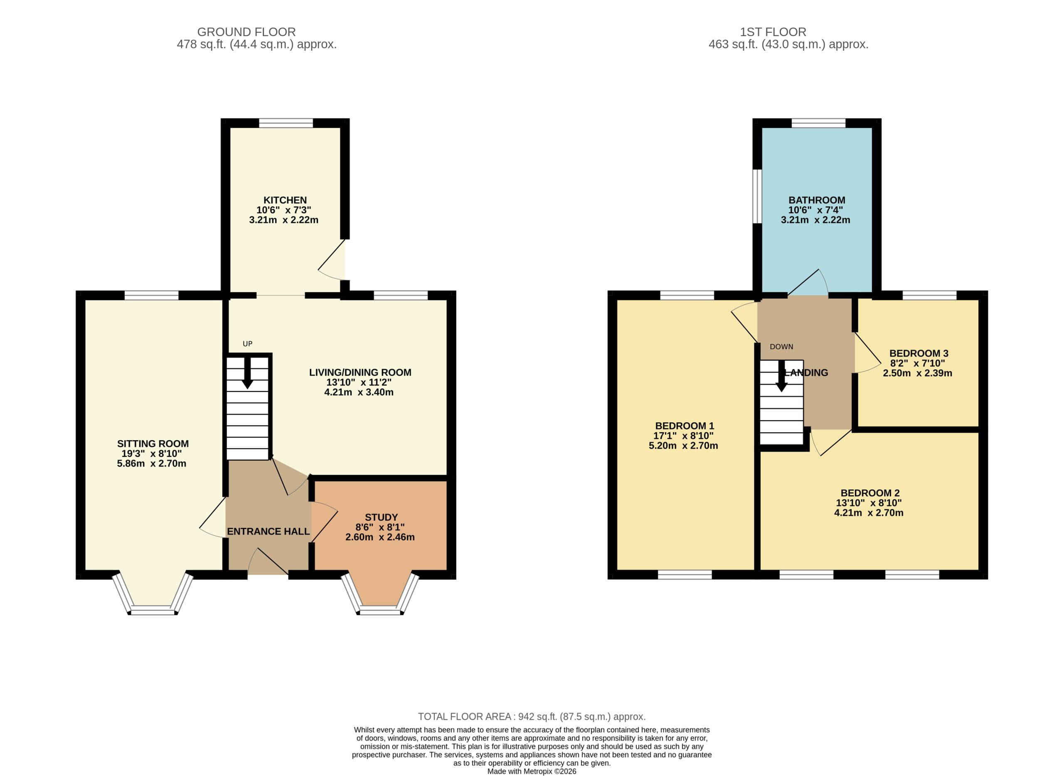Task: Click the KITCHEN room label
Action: (285, 200)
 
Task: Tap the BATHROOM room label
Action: (816, 200)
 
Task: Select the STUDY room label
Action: (381, 517)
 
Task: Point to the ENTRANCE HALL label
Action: (268, 531)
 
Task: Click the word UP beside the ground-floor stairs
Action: (248, 344)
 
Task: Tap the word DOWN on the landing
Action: (781, 347)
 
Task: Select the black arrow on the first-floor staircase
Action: (781, 376)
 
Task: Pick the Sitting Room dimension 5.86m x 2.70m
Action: (151, 463)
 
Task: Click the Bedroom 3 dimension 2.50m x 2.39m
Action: (917, 373)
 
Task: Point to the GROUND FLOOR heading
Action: (246, 32)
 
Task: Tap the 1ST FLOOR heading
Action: (773, 32)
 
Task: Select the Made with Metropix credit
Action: (532, 771)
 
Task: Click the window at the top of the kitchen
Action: (286, 123)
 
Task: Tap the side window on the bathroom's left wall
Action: (757, 196)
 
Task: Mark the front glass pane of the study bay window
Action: (380, 610)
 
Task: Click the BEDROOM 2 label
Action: (870, 493)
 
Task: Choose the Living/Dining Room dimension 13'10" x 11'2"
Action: (359, 382)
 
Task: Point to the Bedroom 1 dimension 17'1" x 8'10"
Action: (684, 436)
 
